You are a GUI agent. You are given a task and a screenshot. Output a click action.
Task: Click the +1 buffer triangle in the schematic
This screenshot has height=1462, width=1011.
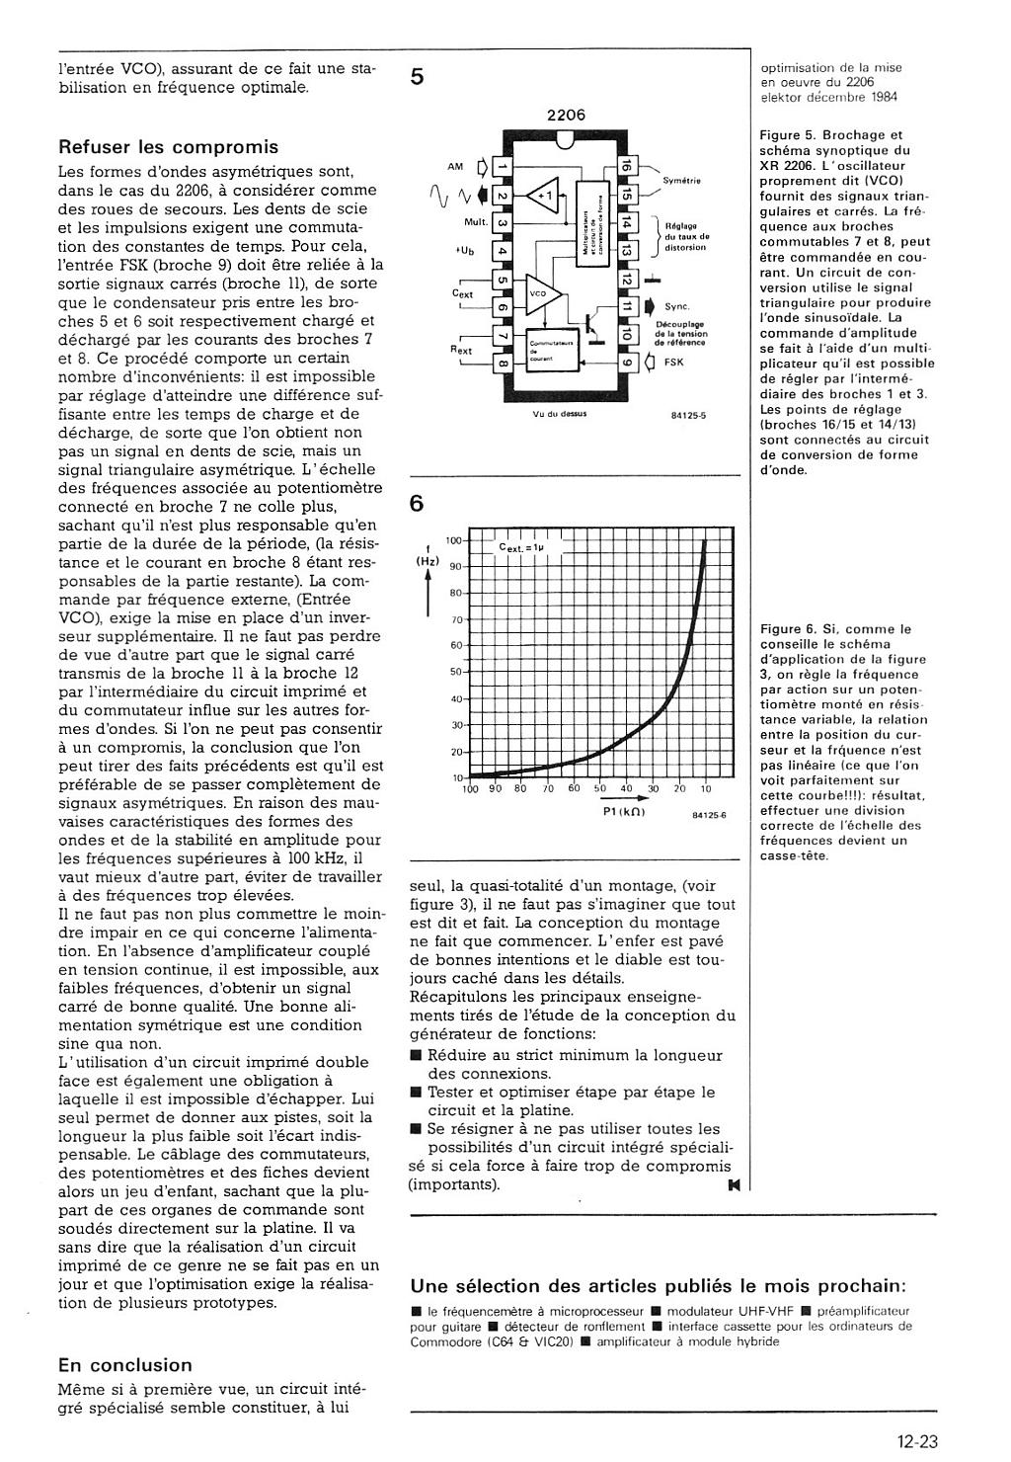(x=544, y=195)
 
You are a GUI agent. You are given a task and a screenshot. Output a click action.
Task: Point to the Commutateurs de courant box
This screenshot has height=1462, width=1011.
(x=548, y=351)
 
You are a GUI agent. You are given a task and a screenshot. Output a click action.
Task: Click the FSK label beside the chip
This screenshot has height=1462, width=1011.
(x=673, y=363)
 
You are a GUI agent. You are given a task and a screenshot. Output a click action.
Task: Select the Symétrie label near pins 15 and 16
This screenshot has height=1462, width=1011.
(x=681, y=181)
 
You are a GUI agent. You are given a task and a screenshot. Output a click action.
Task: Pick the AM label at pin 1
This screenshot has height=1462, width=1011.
(x=455, y=167)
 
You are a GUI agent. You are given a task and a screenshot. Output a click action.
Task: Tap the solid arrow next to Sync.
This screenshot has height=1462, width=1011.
(x=649, y=307)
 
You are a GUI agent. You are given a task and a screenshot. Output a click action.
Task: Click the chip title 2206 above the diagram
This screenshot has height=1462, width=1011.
(x=566, y=115)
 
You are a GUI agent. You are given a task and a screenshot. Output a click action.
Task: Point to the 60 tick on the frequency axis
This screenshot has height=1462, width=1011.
(x=455, y=646)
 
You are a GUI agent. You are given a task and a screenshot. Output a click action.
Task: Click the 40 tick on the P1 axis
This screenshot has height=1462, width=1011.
(x=626, y=789)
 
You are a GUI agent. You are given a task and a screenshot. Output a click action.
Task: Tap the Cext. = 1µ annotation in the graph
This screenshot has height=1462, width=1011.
(x=527, y=546)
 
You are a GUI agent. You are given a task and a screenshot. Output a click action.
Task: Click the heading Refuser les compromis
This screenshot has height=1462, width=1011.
(x=169, y=147)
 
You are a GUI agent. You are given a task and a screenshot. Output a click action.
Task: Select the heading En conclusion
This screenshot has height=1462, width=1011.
(x=125, y=1365)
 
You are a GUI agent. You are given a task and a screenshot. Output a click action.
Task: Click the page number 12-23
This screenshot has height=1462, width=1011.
(x=917, y=1441)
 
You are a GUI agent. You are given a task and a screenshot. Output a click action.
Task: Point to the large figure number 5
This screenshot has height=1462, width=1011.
(x=418, y=76)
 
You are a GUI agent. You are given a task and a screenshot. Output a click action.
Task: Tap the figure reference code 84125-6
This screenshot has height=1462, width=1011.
(x=709, y=815)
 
